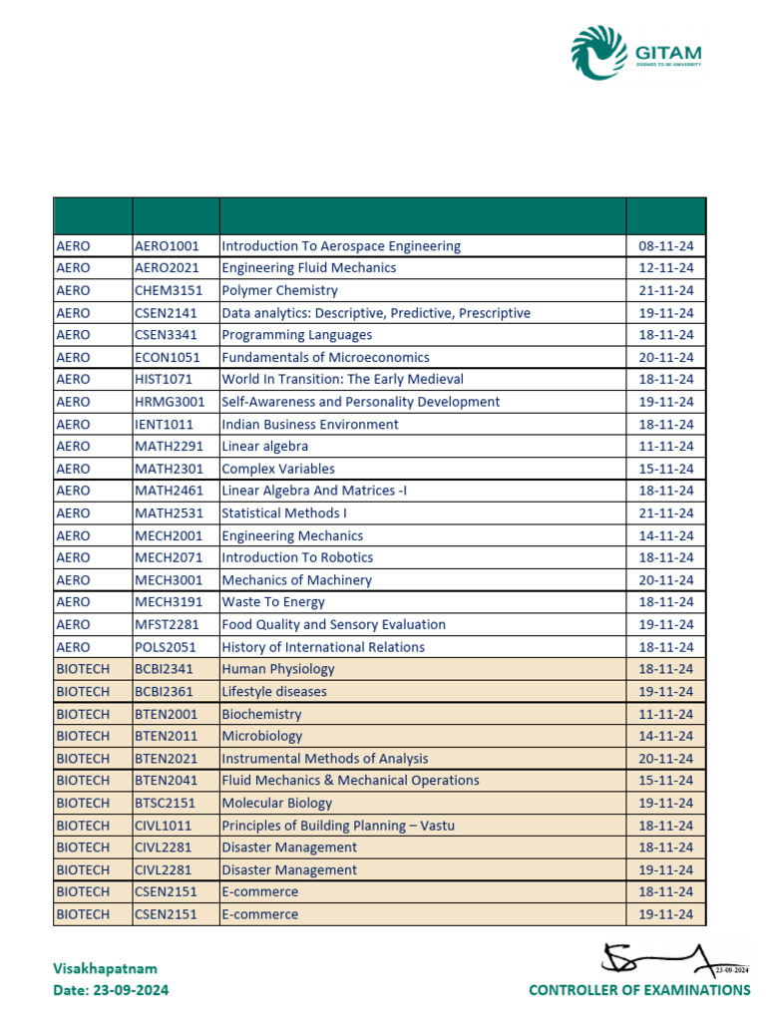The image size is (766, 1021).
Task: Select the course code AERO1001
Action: [167, 246]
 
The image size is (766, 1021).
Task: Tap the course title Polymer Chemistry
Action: [279, 290]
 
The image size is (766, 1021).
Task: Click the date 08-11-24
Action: [665, 246]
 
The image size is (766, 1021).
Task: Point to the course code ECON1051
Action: [167, 357]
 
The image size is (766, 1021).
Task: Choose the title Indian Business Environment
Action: [309, 424]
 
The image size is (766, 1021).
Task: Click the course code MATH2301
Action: [167, 469]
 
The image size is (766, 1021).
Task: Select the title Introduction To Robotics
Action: [297, 557]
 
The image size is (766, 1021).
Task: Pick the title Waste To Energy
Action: [272, 602]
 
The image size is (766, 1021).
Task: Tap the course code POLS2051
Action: [165, 647]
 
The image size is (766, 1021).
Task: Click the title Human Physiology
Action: [277, 669]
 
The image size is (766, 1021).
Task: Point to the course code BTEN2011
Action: [166, 736]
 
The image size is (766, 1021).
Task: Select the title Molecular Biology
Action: [276, 803]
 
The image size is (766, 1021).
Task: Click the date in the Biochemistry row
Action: [665, 714]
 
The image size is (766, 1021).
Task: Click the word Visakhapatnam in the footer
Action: [105, 968]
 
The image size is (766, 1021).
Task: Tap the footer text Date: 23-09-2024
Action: [111, 990]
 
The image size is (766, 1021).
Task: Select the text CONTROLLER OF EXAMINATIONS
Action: [639, 990]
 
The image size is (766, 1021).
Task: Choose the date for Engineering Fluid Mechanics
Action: [665, 268]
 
